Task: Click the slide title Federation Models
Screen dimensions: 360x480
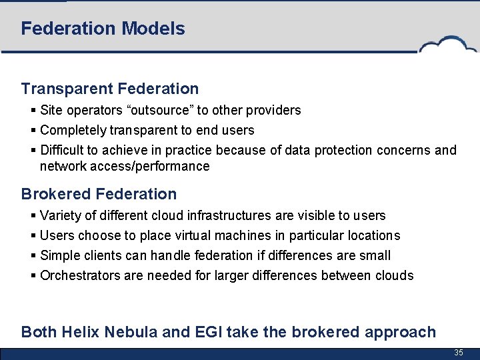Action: pos(103,29)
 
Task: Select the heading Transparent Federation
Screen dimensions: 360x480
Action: pos(110,89)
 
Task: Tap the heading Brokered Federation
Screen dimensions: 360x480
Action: pos(99,194)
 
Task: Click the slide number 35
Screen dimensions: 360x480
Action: pos(458,352)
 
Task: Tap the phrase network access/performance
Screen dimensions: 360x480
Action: pos(125,166)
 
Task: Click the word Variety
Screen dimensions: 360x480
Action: pos(60,215)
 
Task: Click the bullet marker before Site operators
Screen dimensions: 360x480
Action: pos(34,110)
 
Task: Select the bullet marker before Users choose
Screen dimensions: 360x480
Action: pos(34,235)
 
